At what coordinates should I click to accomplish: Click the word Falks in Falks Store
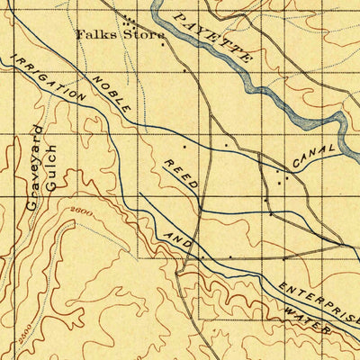[x=92, y=35]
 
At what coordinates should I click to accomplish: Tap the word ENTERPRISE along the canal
[x=319, y=302]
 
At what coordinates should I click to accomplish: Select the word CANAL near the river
[x=314, y=154]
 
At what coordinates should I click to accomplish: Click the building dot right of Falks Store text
[x=162, y=42]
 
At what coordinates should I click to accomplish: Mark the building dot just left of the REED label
[x=186, y=144]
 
